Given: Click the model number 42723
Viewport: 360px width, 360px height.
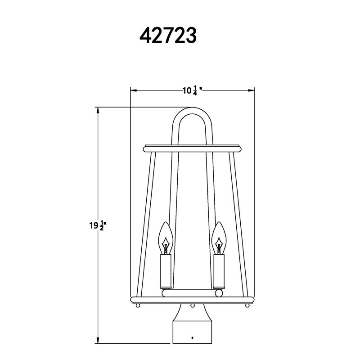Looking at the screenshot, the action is tap(168, 36).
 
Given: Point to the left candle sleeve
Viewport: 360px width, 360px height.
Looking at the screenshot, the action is tap(166, 271).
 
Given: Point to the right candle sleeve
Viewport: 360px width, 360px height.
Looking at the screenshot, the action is tap(219, 271).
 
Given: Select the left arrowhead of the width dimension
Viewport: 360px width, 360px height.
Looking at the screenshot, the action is tap(134, 90).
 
